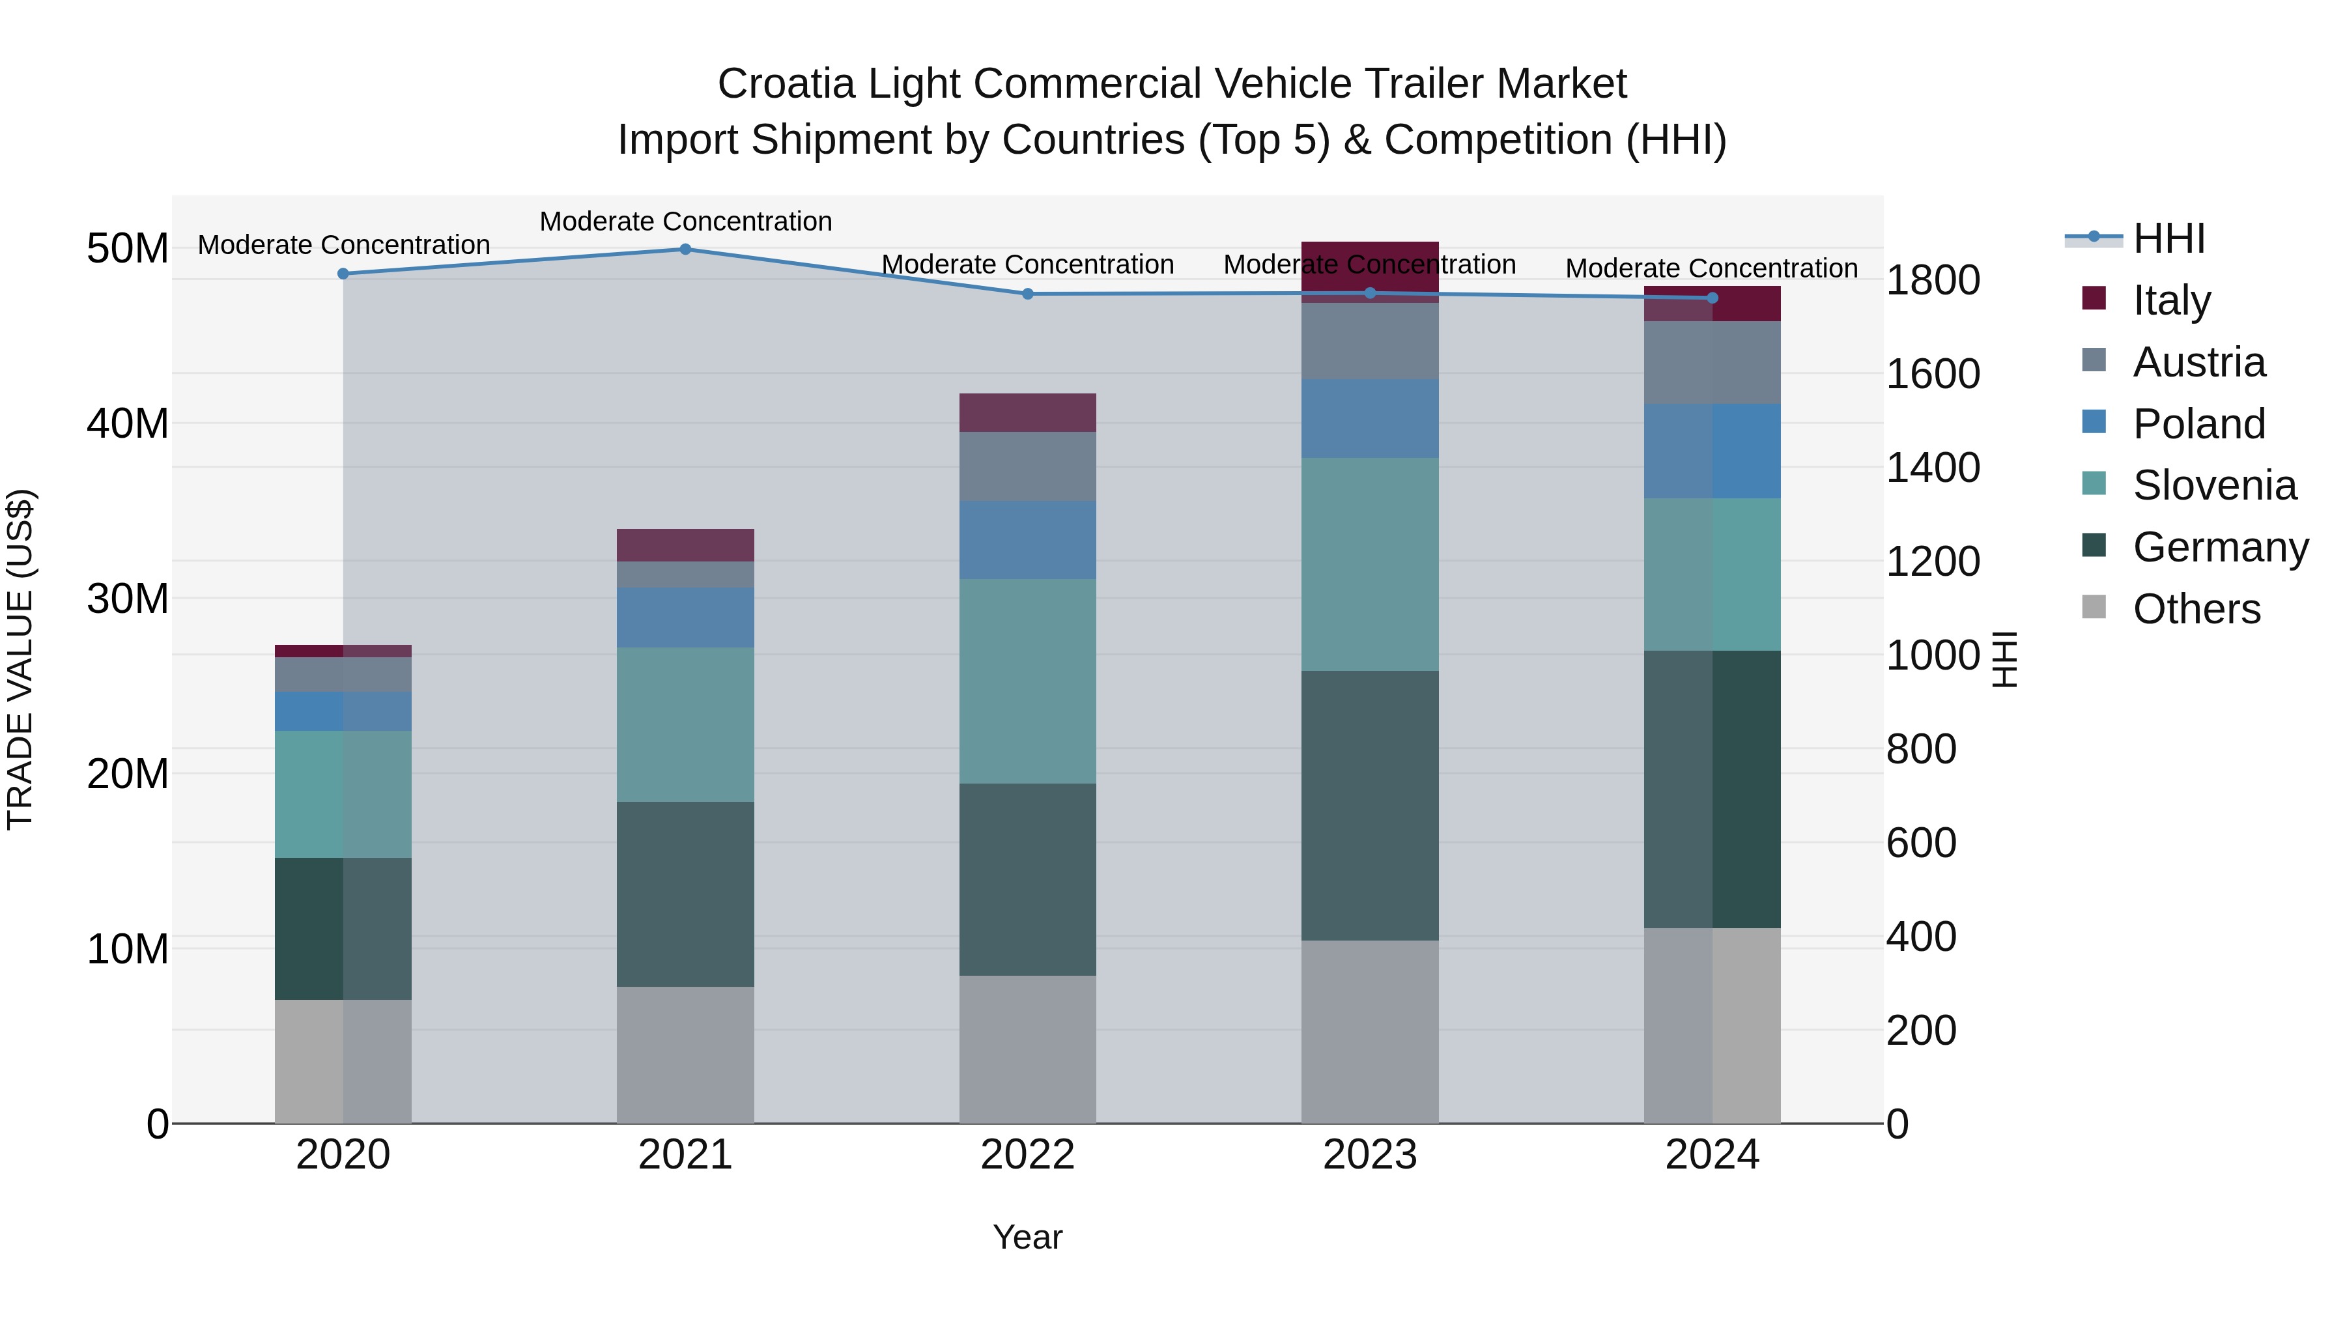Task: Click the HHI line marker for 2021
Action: pyautogui.click(x=685, y=249)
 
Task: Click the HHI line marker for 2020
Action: pyautogui.click(x=343, y=274)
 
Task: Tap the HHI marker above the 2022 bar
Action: pyautogui.click(x=1028, y=294)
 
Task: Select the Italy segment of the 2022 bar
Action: pyautogui.click(x=1028, y=412)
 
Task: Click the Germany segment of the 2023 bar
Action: pyautogui.click(x=1370, y=806)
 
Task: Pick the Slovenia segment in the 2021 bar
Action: pyautogui.click(x=685, y=724)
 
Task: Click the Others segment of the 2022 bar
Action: pyautogui.click(x=1028, y=1049)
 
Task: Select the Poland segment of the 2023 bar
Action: pyautogui.click(x=1370, y=419)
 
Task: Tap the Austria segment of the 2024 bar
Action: pyautogui.click(x=1713, y=362)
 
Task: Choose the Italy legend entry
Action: pyautogui.click(x=2171, y=300)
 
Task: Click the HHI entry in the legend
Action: pyautogui.click(x=2168, y=238)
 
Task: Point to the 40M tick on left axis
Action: pyautogui.click(x=128, y=423)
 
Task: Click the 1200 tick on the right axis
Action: pyautogui.click(x=1932, y=561)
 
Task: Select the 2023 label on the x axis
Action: pyautogui.click(x=1370, y=1155)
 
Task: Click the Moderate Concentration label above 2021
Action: pyautogui.click(x=685, y=221)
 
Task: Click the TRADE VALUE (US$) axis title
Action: pyautogui.click(x=20, y=659)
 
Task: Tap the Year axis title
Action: pyautogui.click(x=1028, y=1237)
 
